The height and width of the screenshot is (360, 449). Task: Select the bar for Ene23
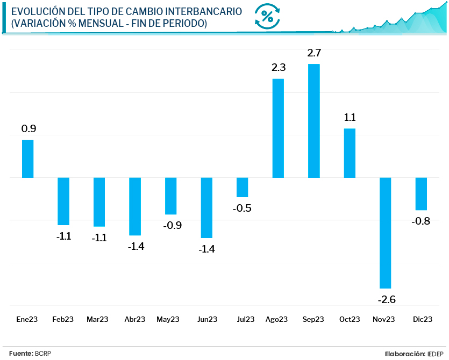point(27,159)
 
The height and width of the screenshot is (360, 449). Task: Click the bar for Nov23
point(386,233)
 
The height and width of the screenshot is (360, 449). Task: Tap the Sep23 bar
point(314,120)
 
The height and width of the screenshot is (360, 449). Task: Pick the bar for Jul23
point(243,187)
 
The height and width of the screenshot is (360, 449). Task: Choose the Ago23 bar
point(278,128)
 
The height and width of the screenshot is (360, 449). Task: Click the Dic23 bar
point(421,193)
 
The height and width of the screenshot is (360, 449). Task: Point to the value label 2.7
point(314,53)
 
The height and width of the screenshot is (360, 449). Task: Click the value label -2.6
point(386,299)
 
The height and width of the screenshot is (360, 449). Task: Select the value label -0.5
point(243,208)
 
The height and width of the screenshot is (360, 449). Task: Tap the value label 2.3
point(278,68)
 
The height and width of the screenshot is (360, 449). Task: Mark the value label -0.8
point(421,221)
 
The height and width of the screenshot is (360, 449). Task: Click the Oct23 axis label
point(350,319)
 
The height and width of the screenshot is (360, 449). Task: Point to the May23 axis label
point(168,319)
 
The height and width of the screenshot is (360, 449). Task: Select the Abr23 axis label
point(134,319)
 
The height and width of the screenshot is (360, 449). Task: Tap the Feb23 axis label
point(63,319)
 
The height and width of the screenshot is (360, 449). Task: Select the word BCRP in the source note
point(43,353)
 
